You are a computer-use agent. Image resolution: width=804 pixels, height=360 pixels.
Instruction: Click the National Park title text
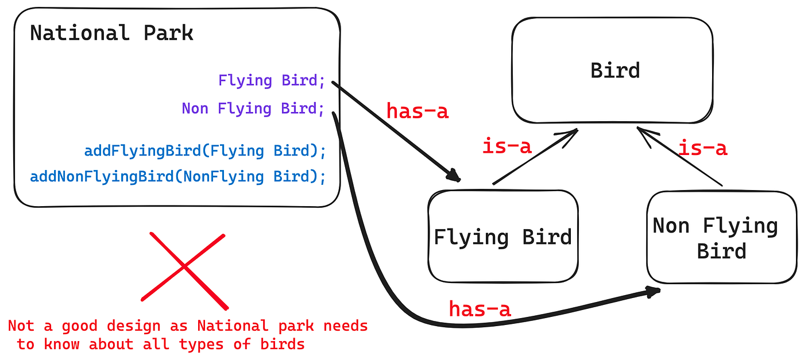click(111, 33)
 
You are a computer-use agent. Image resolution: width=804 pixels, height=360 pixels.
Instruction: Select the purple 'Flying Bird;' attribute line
click(272, 80)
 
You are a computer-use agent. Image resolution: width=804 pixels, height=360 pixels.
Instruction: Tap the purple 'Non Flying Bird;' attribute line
click(253, 108)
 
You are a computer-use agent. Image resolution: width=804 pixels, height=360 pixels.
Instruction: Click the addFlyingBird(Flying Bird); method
click(205, 151)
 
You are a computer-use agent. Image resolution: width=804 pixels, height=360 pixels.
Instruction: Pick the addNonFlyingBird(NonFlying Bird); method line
click(178, 176)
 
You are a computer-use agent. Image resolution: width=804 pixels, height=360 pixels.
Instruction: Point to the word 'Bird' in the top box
click(615, 71)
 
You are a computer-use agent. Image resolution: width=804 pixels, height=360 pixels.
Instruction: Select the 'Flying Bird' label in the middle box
click(502, 237)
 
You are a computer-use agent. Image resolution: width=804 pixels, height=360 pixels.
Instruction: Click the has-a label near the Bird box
click(417, 111)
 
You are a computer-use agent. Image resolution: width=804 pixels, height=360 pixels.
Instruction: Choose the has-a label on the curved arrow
click(480, 309)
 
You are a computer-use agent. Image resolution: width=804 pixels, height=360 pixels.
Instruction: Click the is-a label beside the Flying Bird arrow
click(507, 147)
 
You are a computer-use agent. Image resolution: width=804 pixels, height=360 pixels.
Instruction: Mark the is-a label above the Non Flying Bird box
click(703, 148)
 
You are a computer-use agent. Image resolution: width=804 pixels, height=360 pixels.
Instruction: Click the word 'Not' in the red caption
click(22, 326)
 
